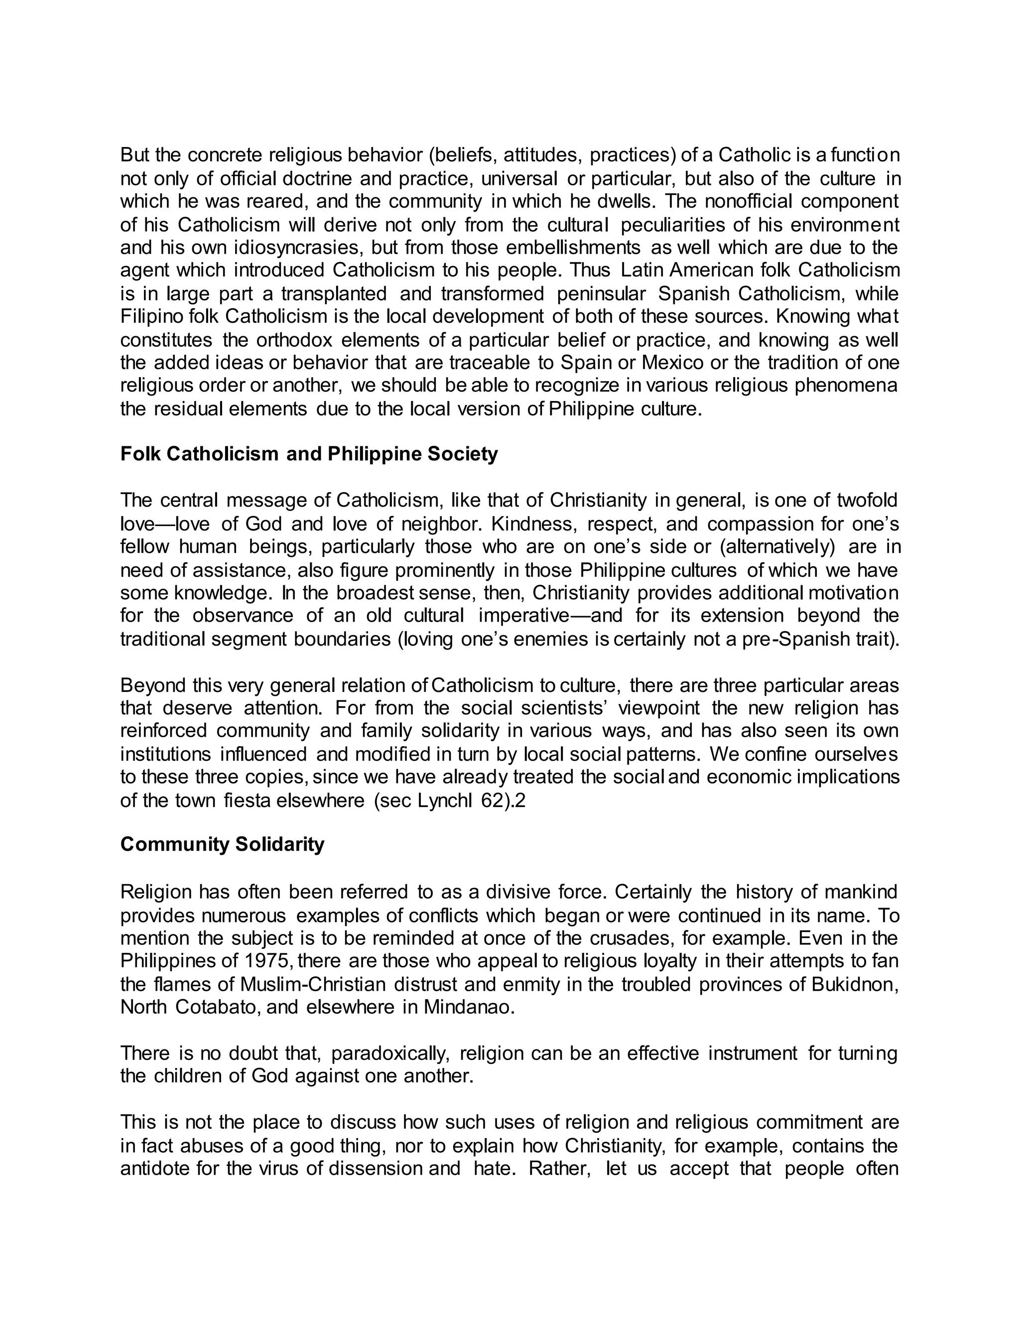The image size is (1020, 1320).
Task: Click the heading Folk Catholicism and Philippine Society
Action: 309,454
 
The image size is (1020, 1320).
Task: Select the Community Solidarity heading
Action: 222,844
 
